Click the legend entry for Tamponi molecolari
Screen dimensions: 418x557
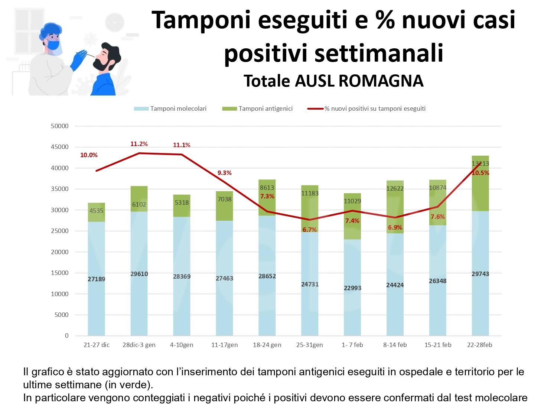pyautogui.click(x=170, y=108)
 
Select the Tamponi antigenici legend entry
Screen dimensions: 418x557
pyautogui.click(x=258, y=108)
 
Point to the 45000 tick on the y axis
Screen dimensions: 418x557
pyautogui.click(x=60, y=147)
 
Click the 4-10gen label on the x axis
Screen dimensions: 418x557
pyautogui.click(x=182, y=345)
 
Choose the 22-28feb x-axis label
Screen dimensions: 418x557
pyautogui.click(x=479, y=345)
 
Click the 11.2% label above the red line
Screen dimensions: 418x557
pyautogui.click(x=139, y=144)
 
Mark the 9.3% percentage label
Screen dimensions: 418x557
pyautogui.click(x=224, y=173)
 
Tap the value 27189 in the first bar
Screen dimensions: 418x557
pyautogui.click(x=96, y=279)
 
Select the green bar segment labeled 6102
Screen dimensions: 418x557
pyautogui.click(x=139, y=199)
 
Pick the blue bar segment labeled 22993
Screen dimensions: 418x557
pyautogui.click(x=352, y=288)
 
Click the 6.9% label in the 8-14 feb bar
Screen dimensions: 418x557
pyautogui.click(x=395, y=227)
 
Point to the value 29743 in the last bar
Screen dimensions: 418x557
pyautogui.click(x=480, y=274)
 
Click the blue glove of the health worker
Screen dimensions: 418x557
pyautogui.click(x=78, y=61)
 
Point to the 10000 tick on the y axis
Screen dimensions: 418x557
pyautogui.click(x=60, y=294)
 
